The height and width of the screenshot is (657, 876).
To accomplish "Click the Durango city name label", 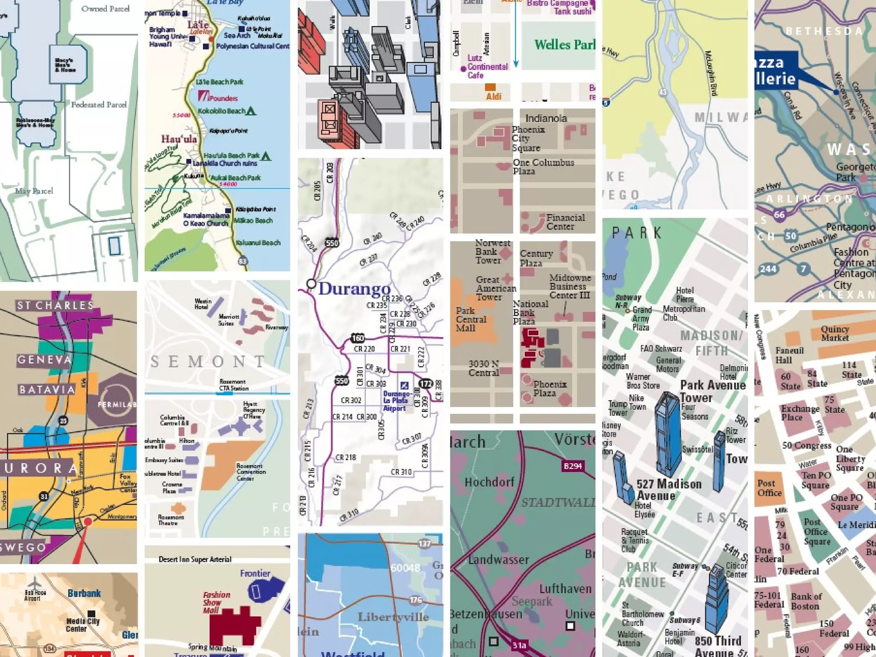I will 354,289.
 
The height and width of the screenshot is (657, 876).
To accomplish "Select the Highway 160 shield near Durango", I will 358,338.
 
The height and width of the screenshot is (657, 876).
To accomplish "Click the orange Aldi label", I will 493,97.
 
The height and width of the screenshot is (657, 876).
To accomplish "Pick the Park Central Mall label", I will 470,320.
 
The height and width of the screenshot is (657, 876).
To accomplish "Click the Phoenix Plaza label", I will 550,388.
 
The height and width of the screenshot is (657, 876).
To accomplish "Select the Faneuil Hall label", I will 789,355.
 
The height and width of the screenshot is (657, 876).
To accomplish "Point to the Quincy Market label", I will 835,334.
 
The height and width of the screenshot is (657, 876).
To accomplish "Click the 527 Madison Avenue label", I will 669,490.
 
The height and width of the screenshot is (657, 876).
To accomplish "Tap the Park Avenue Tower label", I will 712,391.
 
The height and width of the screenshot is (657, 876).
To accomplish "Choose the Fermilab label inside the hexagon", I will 116,404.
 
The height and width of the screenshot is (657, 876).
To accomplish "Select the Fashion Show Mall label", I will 216,602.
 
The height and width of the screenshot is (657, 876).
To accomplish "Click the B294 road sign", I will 572,466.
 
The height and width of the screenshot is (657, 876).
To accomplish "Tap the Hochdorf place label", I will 489,482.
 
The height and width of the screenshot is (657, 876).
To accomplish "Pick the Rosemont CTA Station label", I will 233,385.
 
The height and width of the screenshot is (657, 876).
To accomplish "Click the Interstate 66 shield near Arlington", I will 779,215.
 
